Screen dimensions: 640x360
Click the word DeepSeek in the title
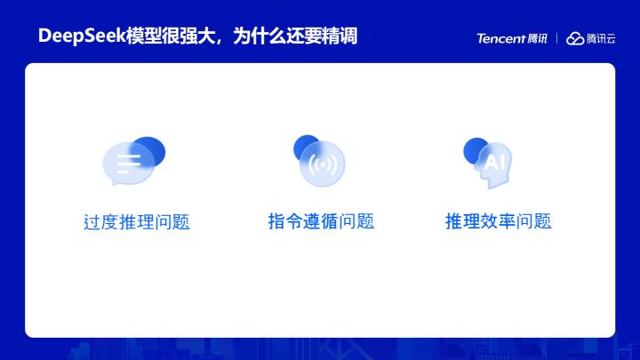pyautogui.click(x=82, y=36)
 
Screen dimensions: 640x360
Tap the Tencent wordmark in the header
pyautogui.click(x=500, y=38)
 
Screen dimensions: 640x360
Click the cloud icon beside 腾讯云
pyautogui.click(x=575, y=38)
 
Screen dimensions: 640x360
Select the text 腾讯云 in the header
pyautogui.click(x=601, y=38)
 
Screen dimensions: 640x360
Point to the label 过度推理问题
pyautogui.click(x=137, y=222)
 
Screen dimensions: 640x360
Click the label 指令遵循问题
pyautogui.click(x=321, y=221)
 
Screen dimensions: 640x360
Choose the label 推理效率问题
pyautogui.click(x=499, y=221)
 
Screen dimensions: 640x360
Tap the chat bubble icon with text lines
pyautogui.click(x=128, y=164)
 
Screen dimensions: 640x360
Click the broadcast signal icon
pyautogui.click(x=322, y=164)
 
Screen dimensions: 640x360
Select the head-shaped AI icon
pyautogui.click(x=495, y=164)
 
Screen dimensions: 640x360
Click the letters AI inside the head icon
pyautogui.click(x=494, y=163)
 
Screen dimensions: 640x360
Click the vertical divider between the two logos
pyautogui.click(x=556, y=38)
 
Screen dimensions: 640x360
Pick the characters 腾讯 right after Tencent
pyautogui.click(x=537, y=38)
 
